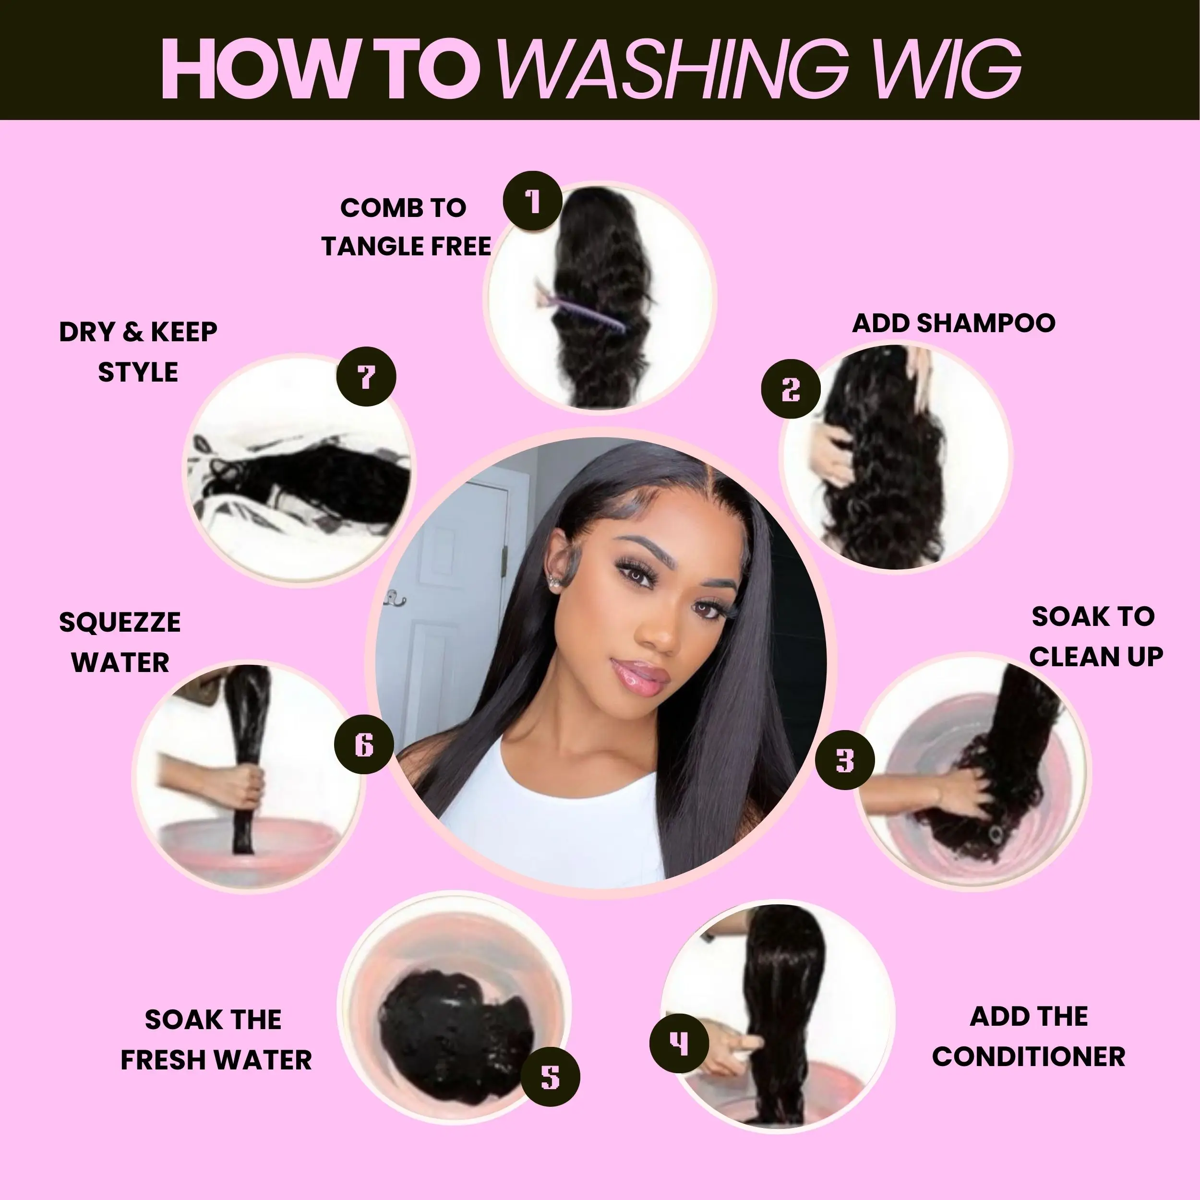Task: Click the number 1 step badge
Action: [532, 201]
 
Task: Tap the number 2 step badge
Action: [791, 389]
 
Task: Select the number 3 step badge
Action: [845, 760]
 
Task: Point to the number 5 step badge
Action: [550, 1077]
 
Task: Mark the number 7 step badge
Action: [366, 376]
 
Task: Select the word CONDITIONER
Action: [1029, 1056]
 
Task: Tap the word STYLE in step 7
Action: [138, 372]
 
